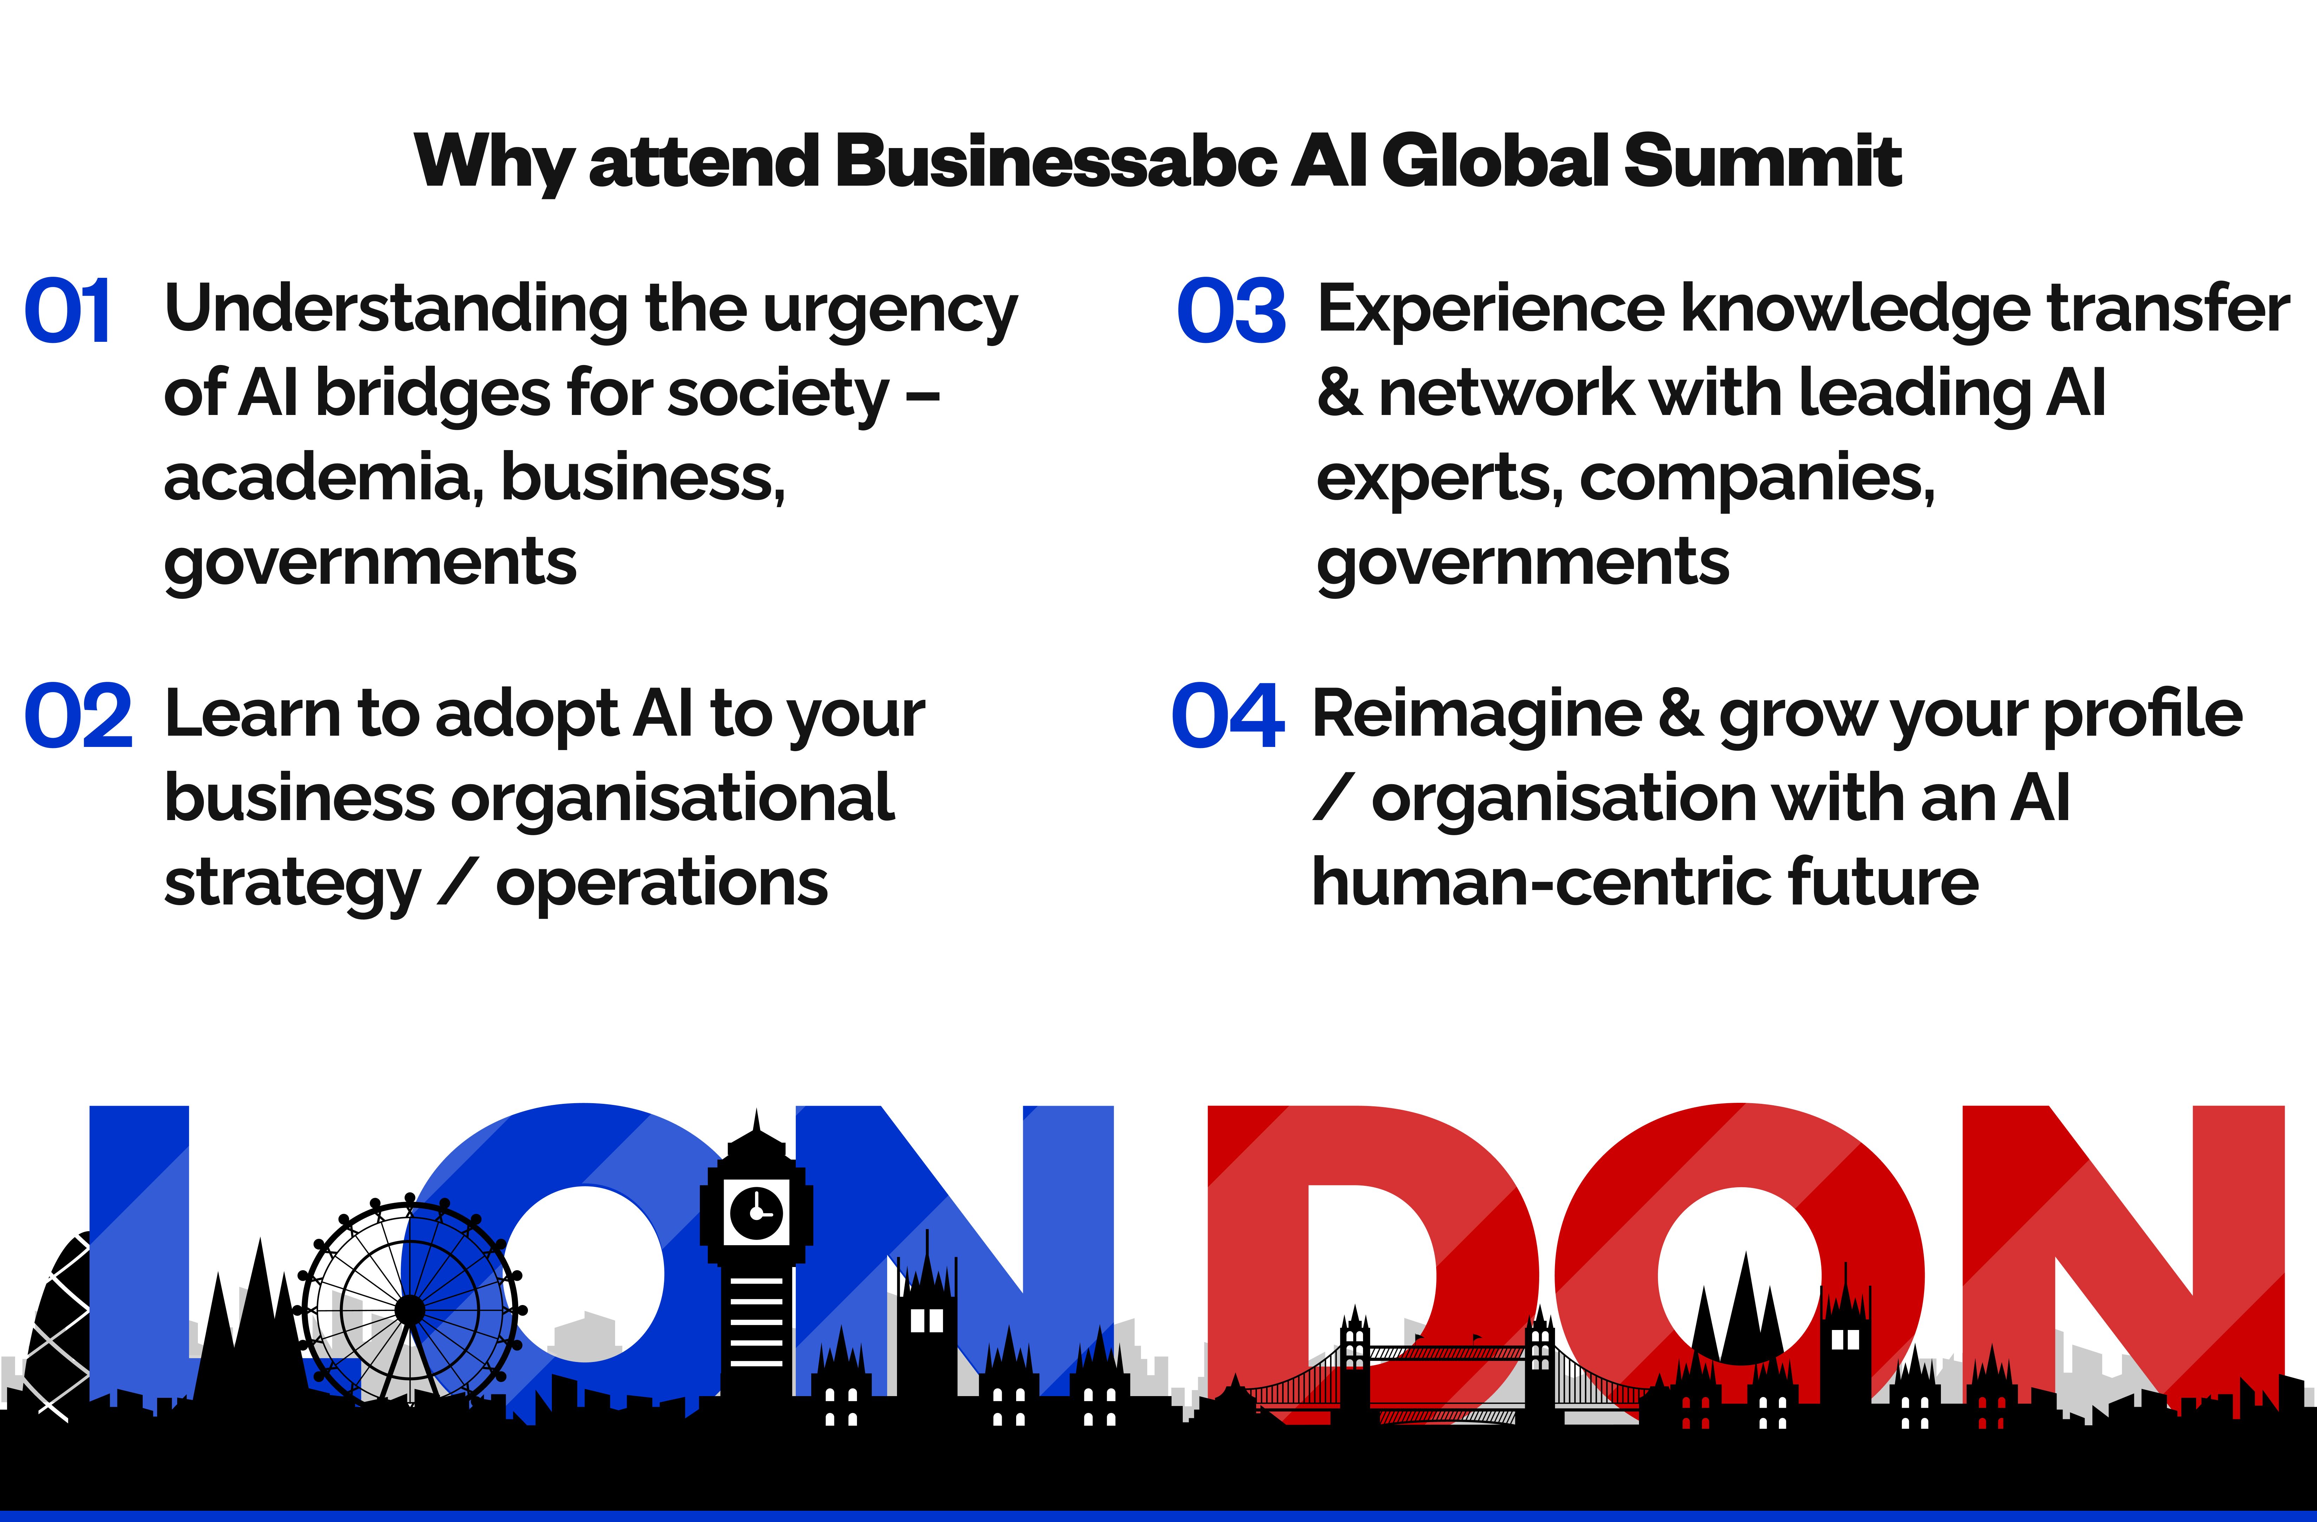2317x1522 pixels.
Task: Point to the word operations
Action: coord(662,884)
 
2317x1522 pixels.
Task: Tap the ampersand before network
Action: coord(1340,392)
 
